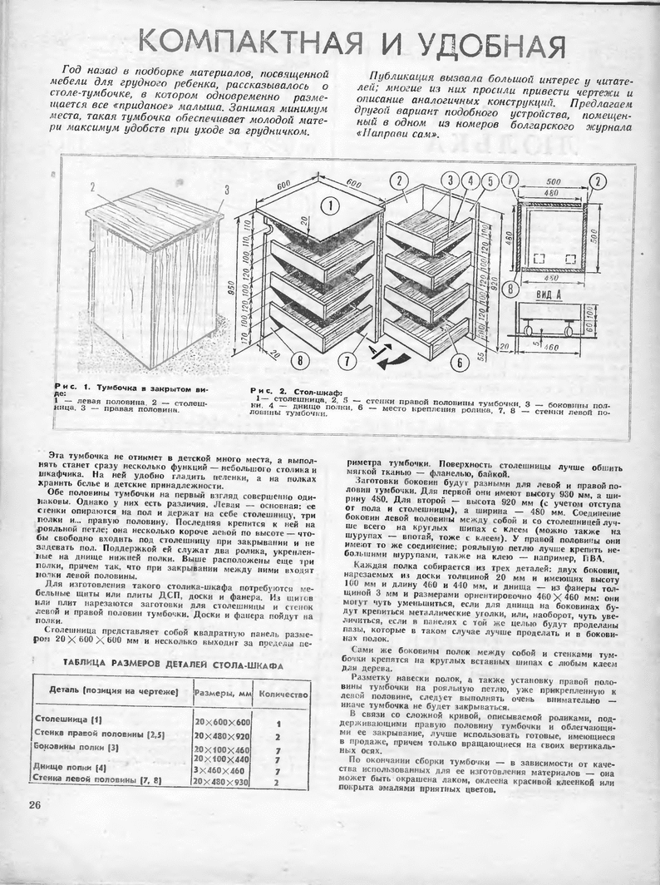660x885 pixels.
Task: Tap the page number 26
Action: coord(34,804)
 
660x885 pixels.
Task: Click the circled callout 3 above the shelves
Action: coord(451,180)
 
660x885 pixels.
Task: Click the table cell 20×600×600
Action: coord(222,722)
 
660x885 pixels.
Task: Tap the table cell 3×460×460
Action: coord(220,769)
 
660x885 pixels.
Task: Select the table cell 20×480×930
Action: coord(222,781)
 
